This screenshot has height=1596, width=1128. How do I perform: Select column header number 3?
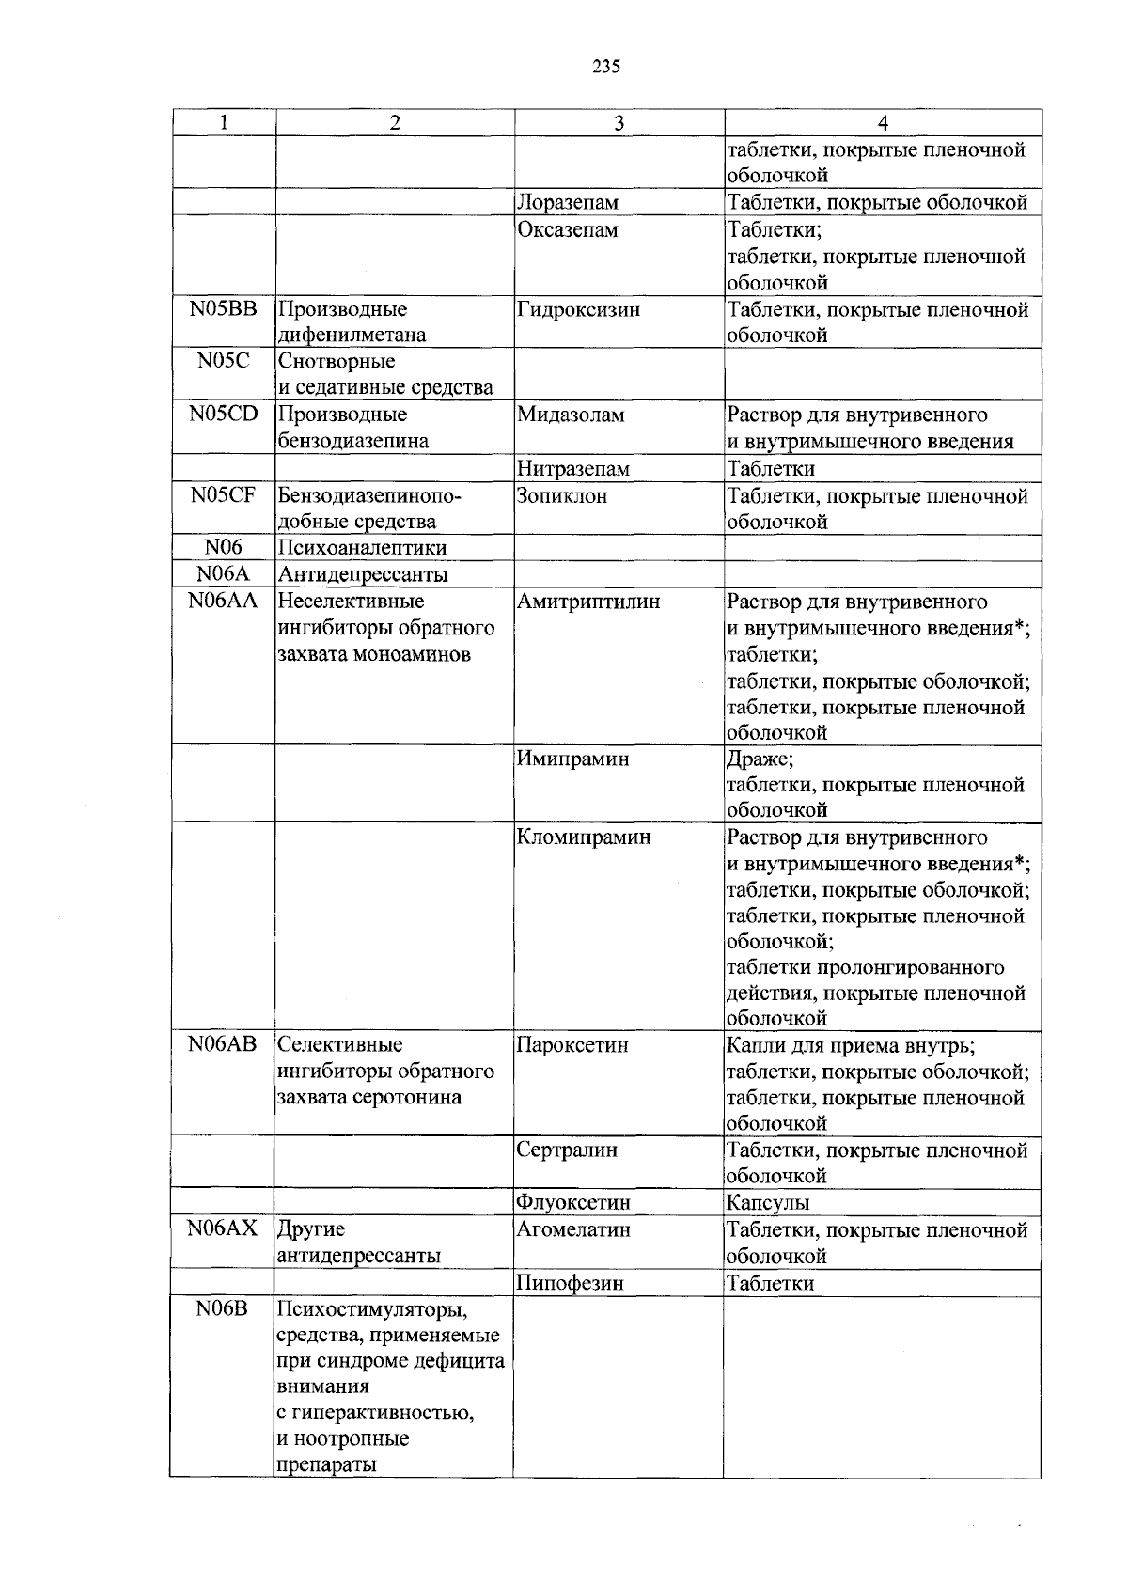coord(619,123)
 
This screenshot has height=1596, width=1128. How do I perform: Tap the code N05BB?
coord(223,308)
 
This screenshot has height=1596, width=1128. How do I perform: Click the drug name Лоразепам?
coord(569,202)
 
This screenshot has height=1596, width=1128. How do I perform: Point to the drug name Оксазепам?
coord(568,229)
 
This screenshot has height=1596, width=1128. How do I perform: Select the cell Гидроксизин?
coord(578,309)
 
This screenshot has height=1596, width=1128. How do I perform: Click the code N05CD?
coord(223,414)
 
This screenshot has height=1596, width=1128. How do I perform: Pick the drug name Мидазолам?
coord(571,415)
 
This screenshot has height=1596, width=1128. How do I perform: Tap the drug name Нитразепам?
coord(573,468)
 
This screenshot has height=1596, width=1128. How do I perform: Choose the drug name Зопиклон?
coord(562,495)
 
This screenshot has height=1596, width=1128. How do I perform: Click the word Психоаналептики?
coord(362,547)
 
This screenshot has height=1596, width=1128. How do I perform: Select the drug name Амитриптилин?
coord(588,602)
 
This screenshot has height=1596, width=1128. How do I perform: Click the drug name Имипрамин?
coord(572,759)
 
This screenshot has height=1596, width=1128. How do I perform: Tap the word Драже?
coord(760,759)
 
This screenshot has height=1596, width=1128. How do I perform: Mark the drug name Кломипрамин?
coord(583,837)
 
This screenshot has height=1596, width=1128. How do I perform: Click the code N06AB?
coord(223,1044)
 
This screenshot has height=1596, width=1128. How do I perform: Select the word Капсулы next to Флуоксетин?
coord(768,1202)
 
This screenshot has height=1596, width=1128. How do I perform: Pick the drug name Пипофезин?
coord(570,1283)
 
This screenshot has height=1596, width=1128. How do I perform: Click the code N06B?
coord(223,1308)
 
